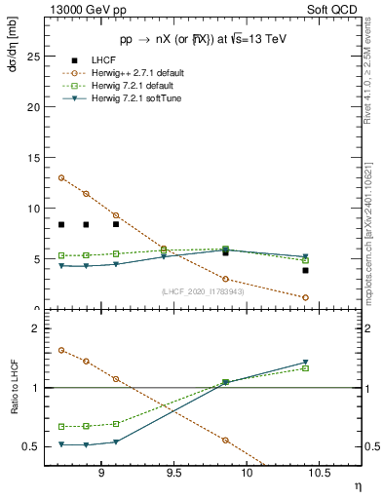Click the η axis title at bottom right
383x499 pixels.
click(x=357, y=485)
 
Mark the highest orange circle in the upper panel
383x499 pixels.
click(x=61, y=177)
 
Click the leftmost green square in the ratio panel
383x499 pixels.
click(x=61, y=427)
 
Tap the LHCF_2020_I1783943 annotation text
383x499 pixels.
click(x=203, y=291)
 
